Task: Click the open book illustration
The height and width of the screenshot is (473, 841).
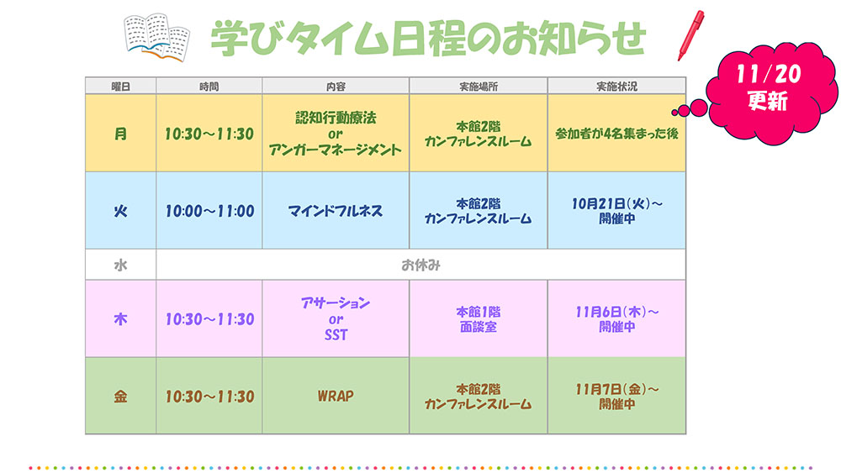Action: pos(156,37)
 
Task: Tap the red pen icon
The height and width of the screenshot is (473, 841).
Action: pos(690,35)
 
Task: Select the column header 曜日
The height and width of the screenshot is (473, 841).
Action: pos(120,87)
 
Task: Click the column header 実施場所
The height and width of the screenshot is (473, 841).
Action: pos(479,87)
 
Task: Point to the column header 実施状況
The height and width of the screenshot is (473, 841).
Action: pos(616,87)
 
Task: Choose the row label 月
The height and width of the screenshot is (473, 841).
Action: pos(120,134)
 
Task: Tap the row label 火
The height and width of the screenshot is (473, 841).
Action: pos(120,211)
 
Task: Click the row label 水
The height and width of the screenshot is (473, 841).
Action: pos(120,265)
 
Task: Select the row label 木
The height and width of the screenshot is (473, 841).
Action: pos(120,319)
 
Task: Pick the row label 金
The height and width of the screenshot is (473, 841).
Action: pos(120,397)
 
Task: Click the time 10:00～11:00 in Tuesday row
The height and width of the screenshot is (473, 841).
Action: pos(209,211)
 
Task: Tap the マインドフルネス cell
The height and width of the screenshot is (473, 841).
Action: pos(336,211)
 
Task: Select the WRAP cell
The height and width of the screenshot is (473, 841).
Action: pos(336,397)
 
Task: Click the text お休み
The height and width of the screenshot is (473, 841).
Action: pos(421,265)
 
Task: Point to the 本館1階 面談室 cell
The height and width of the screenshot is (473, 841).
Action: pos(479,319)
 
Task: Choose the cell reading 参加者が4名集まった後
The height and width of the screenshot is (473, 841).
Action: pos(616,134)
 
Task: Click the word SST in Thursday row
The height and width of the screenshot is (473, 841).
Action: pos(336,335)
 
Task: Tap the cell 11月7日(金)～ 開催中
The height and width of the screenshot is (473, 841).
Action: pos(616,397)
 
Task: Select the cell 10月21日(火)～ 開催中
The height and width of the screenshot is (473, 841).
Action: pos(616,211)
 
